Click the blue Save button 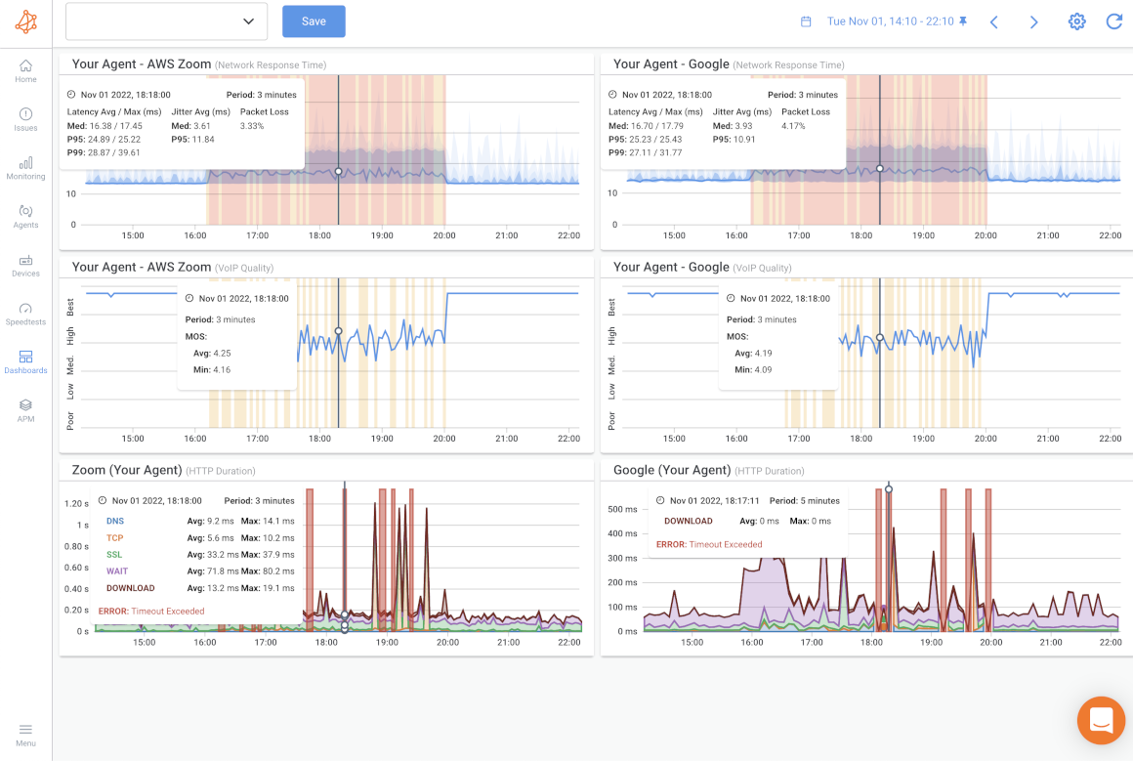314,21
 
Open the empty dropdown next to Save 166,21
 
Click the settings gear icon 1076,21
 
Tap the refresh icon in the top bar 1113,21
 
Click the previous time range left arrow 993,21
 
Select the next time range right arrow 1034,21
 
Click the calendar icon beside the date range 806,21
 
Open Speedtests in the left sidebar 25,313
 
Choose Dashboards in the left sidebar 25,361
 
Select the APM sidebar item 25,409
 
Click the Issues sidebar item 25,119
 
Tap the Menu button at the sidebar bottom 25,734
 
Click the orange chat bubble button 1101,721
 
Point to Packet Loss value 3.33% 252,126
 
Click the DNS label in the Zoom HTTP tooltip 115,522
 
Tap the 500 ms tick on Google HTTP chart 622,509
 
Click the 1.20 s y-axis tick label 76,504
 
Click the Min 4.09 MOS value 761,370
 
